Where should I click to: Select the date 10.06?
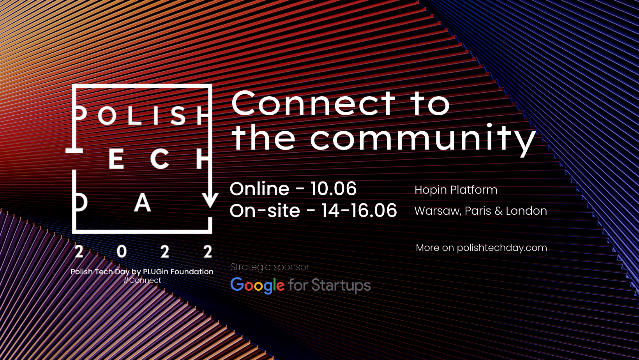tap(334, 189)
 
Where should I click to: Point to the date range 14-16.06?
tap(359, 210)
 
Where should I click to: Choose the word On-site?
tap(265, 210)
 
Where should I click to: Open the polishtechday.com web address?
tap(502, 248)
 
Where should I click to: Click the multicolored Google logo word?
tap(257, 286)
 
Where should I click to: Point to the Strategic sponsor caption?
tap(270, 267)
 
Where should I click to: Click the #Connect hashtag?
tap(142, 280)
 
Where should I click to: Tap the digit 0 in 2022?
tap(122, 252)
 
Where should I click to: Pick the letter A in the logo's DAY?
tap(142, 203)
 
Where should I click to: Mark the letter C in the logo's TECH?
tap(160, 159)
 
